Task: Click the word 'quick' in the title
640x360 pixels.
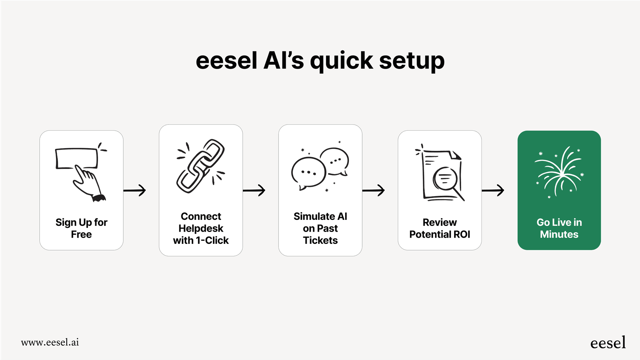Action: click(x=341, y=61)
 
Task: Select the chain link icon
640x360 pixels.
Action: click(x=201, y=166)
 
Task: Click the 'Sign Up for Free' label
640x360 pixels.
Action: click(x=82, y=228)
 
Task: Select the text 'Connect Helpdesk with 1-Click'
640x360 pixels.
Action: click(x=201, y=228)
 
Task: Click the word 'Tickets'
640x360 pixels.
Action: click(x=320, y=240)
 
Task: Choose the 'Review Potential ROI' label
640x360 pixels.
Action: click(x=440, y=228)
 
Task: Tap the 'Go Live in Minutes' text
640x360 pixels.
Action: click(x=559, y=228)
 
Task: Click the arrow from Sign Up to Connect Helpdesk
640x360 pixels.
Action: click(x=135, y=190)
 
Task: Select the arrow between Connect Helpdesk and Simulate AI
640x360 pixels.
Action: click(x=254, y=190)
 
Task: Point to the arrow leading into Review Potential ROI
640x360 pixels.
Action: click(x=374, y=190)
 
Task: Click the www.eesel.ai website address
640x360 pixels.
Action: click(x=50, y=342)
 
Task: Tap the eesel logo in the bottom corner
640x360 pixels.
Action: click(x=608, y=343)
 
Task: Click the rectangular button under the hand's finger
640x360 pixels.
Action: click(x=76, y=157)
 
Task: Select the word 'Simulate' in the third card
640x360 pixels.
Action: click(x=314, y=216)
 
